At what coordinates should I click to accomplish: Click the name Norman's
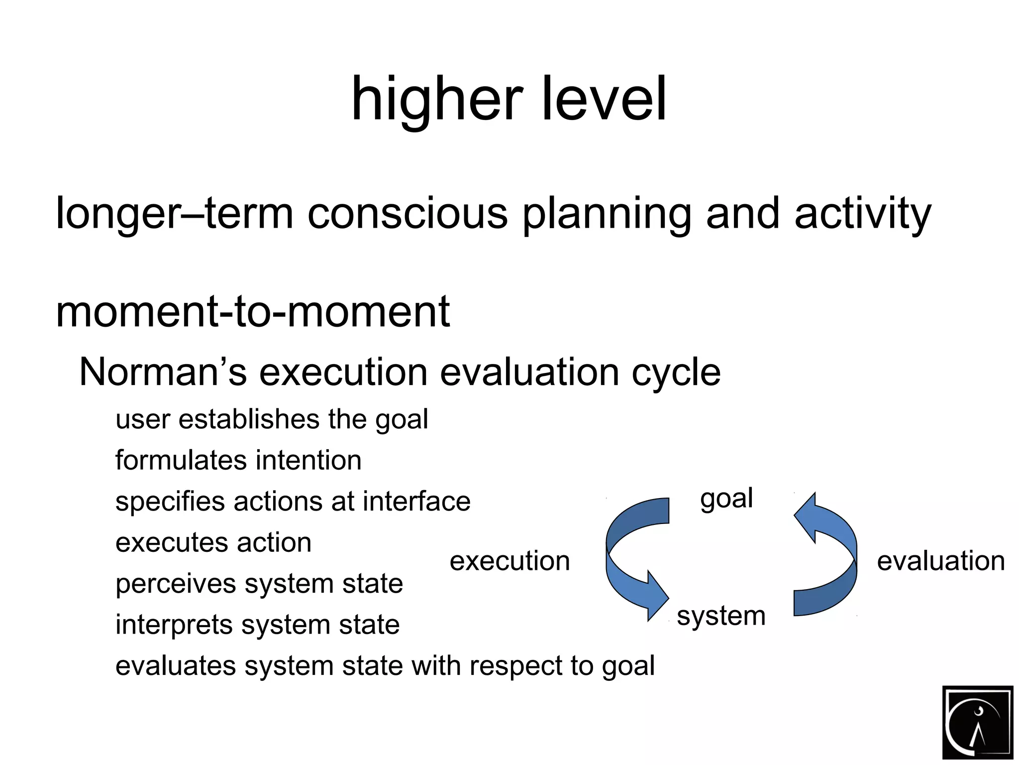[163, 372]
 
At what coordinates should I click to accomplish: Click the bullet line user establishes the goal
[271, 419]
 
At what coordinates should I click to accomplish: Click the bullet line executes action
[213, 542]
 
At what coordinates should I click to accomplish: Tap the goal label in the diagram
[726, 499]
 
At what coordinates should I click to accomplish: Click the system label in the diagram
[721, 616]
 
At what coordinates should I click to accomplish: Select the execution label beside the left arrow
[509, 561]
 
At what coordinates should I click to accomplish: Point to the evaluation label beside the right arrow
[940, 561]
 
